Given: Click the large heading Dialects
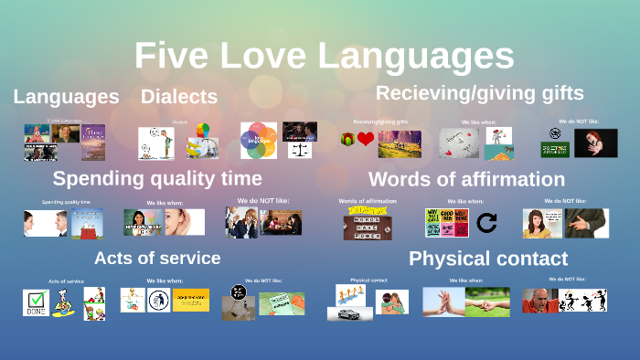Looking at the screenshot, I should coord(178,97).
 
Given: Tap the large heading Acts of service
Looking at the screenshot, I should coord(157,258).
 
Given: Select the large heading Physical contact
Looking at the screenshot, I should coord(488,259).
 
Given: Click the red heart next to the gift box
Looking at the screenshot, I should coord(366,140).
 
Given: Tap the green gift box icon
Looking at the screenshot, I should coord(347,140).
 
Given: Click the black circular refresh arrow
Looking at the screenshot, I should coord(487,222).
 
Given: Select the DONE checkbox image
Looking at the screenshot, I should coord(36,302).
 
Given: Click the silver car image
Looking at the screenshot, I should coord(349,313).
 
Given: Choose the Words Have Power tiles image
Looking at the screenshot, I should coord(368,224).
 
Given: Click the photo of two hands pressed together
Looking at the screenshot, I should coord(443,302).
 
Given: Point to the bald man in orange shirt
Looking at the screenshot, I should coord(539,301).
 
